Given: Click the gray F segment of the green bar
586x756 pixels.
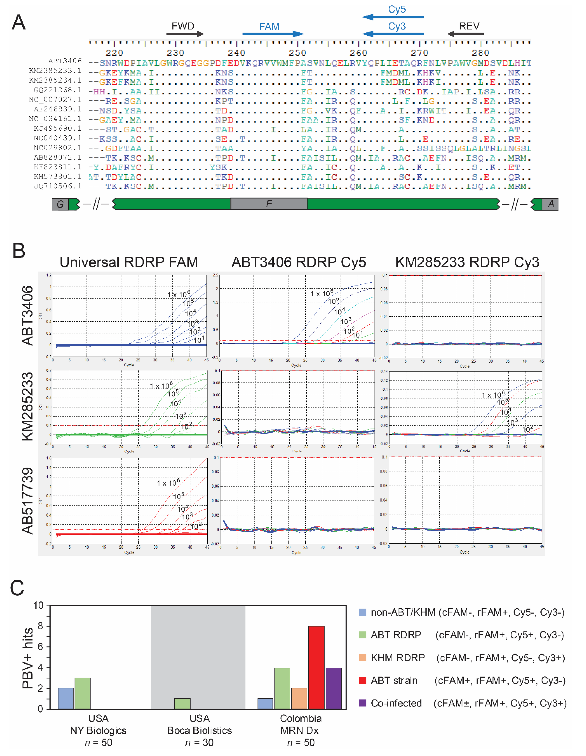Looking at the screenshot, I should [269, 204].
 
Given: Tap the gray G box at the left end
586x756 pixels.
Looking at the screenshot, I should [60, 204].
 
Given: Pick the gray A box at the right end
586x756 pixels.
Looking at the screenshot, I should [550, 204].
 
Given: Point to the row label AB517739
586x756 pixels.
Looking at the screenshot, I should [28, 501].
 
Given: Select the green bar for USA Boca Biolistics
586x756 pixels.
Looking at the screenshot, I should [182, 704].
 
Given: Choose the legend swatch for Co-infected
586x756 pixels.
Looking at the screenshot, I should [362, 703].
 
